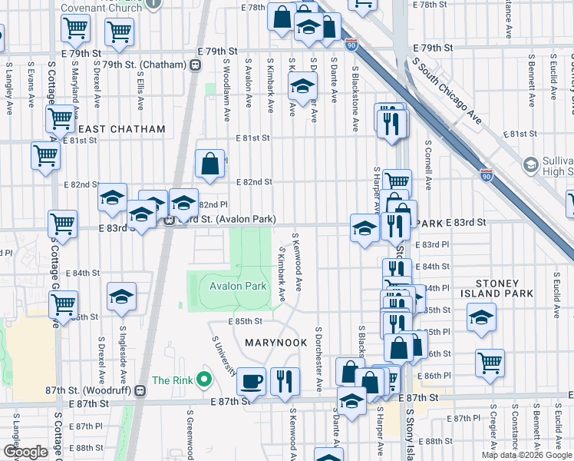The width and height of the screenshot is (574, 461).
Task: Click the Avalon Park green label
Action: [238, 287]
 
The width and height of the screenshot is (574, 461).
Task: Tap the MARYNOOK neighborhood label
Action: [271, 342]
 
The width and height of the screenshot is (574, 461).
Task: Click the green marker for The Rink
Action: [203, 380]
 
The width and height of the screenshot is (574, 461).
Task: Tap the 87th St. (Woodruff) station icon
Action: [140, 390]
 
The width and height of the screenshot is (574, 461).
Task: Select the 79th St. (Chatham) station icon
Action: [196, 65]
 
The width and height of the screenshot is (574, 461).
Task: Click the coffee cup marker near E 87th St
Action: [251, 380]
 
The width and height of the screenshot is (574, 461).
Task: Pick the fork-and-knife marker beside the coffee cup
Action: [284, 380]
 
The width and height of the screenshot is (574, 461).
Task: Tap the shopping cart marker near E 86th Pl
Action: [490, 363]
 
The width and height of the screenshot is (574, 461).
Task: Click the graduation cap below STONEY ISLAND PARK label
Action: [481, 317]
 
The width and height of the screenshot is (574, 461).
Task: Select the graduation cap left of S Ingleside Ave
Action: [121, 297]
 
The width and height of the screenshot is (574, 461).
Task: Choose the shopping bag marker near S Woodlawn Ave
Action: [209, 163]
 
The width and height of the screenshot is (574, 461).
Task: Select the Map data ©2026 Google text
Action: [527, 455]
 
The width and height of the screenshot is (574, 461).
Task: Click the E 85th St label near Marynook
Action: [246, 321]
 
